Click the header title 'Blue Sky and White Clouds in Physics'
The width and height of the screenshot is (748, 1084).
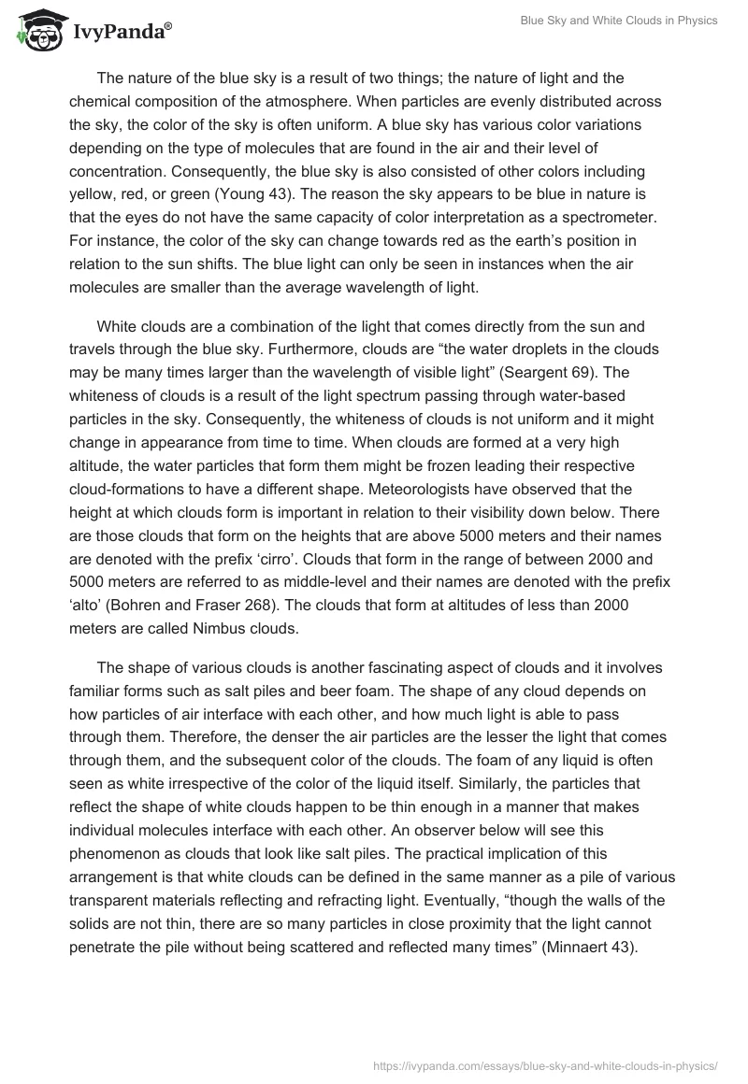point(619,21)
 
